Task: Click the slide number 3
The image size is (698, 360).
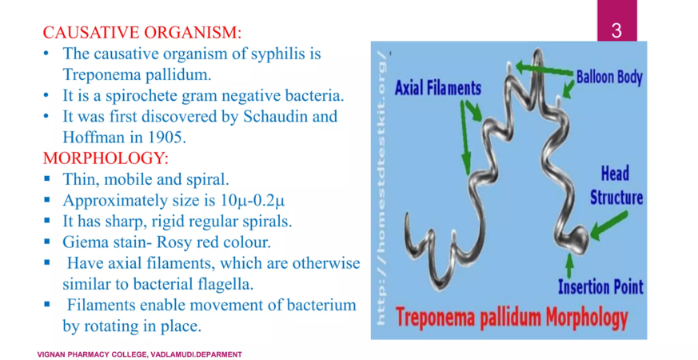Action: click(x=616, y=30)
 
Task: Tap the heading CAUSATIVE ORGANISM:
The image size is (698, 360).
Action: click(x=142, y=33)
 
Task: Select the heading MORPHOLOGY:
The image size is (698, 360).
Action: click(x=106, y=158)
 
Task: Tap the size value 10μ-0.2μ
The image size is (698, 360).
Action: click(x=253, y=201)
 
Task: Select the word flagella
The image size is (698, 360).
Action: click(x=225, y=284)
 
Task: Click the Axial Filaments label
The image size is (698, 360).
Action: click(x=438, y=88)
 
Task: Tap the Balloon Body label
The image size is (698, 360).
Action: click(x=609, y=77)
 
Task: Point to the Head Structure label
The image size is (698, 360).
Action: click(x=616, y=186)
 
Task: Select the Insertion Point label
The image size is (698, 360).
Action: click(x=601, y=287)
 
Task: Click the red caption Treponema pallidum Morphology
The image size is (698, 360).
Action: click(x=512, y=318)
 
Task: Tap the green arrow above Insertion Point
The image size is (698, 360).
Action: click(x=569, y=266)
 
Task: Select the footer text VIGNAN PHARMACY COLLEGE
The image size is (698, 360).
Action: click(x=91, y=354)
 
